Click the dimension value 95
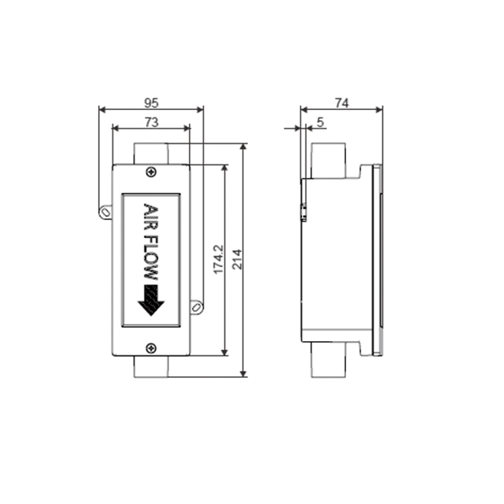[151, 102]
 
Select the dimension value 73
[151, 122]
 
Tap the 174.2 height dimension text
[218, 260]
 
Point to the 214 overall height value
[237, 259]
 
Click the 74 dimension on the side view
[342, 102]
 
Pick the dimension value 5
[320, 122]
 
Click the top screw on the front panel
[151, 172]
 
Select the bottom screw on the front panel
[151, 348]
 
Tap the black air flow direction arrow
[151, 300]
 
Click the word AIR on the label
[150, 217]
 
